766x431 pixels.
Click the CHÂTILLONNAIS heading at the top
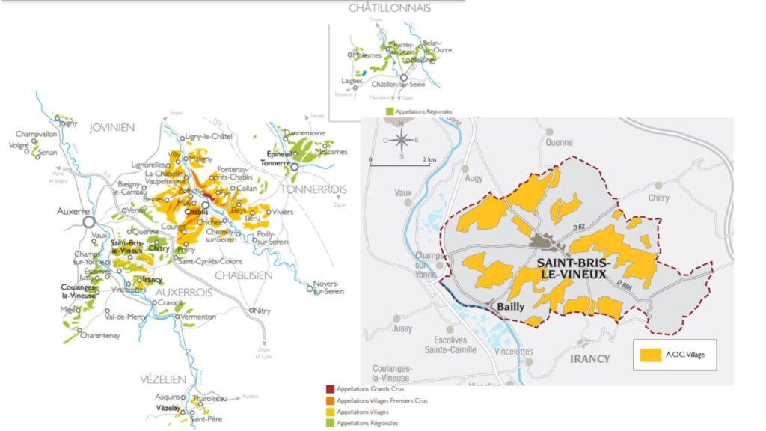[x=390, y=8]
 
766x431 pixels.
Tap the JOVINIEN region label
[x=112, y=128]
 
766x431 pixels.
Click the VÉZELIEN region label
[x=162, y=379]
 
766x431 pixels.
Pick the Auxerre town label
[x=73, y=211]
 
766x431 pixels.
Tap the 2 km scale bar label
[x=429, y=160]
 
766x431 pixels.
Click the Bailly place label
[x=505, y=306]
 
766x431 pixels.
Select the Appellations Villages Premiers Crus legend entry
[x=382, y=401]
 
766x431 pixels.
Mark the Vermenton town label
[x=198, y=317]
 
